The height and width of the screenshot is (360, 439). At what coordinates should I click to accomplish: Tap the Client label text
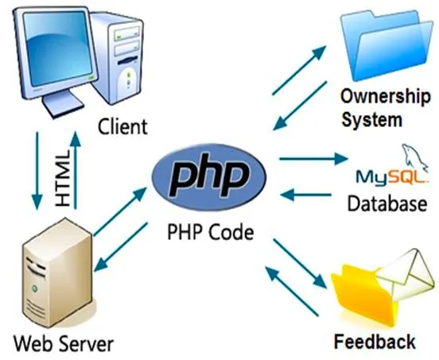(122, 126)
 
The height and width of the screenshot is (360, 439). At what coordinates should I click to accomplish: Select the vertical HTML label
(62, 179)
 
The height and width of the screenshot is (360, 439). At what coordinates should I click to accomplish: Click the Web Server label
(64, 343)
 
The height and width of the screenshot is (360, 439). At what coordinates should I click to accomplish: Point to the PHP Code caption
(210, 232)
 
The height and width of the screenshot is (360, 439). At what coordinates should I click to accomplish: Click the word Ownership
(385, 96)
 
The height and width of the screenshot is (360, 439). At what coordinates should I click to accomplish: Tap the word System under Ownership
(372, 119)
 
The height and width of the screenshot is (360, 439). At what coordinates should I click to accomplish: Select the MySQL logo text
(392, 177)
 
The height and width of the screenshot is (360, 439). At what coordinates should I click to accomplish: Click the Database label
(387, 203)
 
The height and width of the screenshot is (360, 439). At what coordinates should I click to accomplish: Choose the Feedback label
(375, 341)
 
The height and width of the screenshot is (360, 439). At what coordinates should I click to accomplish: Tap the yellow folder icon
(364, 296)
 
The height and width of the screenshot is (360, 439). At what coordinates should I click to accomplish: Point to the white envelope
(406, 276)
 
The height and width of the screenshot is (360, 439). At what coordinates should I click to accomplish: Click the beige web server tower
(57, 273)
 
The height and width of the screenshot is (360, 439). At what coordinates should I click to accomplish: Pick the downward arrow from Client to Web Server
(37, 171)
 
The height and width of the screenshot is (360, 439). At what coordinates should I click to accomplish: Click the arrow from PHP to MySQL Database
(313, 159)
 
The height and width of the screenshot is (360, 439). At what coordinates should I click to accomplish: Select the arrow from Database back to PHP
(305, 195)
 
